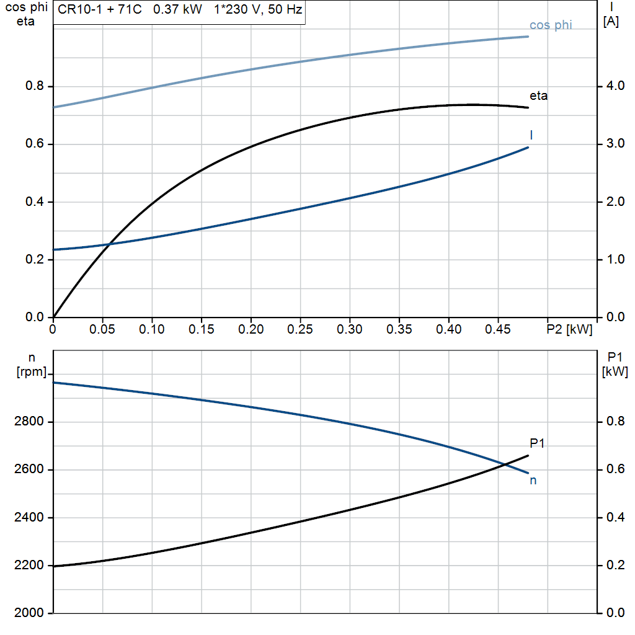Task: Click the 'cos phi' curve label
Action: pyautogui.click(x=551, y=25)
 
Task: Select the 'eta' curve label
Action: pyautogui.click(x=538, y=96)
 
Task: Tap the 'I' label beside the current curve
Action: pyautogui.click(x=531, y=135)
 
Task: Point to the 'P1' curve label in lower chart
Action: pyautogui.click(x=537, y=443)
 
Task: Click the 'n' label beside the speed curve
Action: pyautogui.click(x=533, y=481)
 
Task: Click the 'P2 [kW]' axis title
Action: pyautogui.click(x=569, y=329)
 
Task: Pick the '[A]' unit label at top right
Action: pyautogui.click(x=611, y=22)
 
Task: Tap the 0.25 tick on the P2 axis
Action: pyautogui.click(x=300, y=329)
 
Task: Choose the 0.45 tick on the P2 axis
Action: pyautogui.click(x=498, y=329)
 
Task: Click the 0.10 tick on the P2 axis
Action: pyautogui.click(x=152, y=329)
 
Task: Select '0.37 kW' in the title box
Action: pyautogui.click(x=177, y=11)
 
